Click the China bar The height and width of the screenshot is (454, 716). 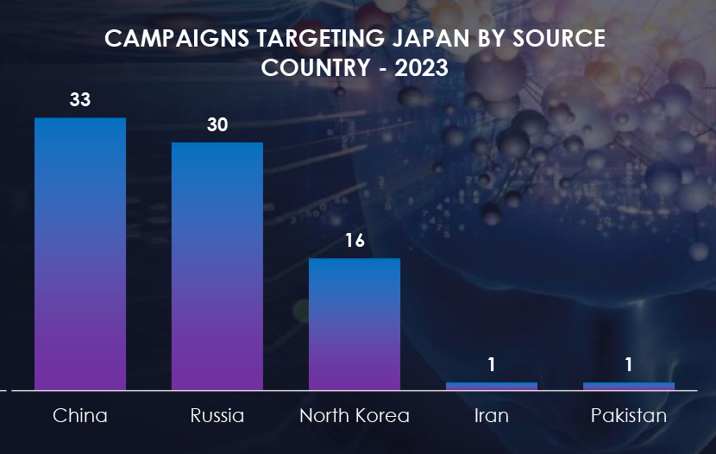[80, 254]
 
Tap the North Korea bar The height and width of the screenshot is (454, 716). [355, 324]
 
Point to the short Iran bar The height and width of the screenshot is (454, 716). [492, 386]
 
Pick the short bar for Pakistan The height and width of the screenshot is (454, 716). [629, 386]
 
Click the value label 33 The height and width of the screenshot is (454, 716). [80, 100]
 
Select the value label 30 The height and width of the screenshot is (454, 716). [217, 125]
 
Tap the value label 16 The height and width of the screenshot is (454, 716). [355, 240]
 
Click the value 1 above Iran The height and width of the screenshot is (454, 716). [492, 365]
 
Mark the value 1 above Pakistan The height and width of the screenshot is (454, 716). [629, 365]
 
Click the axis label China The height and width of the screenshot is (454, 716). [80, 416]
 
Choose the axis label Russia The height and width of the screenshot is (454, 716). [217, 416]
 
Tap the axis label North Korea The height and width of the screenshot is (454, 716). [355, 416]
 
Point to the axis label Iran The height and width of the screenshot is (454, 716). [492, 416]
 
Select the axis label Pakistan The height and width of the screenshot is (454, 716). [629, 416]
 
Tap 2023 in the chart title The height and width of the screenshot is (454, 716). [421, 68]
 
